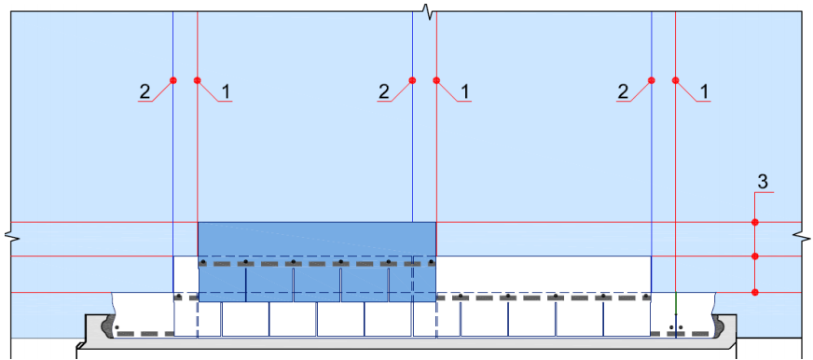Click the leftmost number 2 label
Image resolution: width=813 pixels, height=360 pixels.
coord(145,91)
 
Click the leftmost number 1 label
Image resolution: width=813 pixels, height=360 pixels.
coord(225,91)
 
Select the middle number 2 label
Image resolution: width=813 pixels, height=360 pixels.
coord(384,91)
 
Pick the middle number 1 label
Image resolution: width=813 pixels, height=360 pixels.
coord(464,91)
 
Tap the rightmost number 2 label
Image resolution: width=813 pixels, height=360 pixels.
coord(623,91)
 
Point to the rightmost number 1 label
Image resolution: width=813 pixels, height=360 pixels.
coord(704,91)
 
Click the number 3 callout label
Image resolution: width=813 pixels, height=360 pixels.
coord(763,182)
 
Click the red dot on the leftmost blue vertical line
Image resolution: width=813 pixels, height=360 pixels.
coord(173,80)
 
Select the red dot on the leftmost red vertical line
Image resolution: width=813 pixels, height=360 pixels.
coord(197,80)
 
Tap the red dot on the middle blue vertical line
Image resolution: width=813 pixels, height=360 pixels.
coord(412,80)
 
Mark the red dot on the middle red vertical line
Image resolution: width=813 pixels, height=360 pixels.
coord(436,80)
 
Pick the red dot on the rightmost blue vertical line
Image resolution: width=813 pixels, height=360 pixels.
coord(651,80)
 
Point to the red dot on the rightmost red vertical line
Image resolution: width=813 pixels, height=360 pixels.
coord(676,80)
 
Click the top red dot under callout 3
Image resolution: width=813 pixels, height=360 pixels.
coord(755,223)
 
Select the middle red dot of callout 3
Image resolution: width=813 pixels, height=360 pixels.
coord(755,256)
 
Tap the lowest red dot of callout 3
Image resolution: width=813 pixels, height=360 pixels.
coord(755,293)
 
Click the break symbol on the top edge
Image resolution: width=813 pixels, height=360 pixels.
coord(428,11)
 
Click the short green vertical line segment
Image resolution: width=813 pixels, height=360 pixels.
coord(676,303)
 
